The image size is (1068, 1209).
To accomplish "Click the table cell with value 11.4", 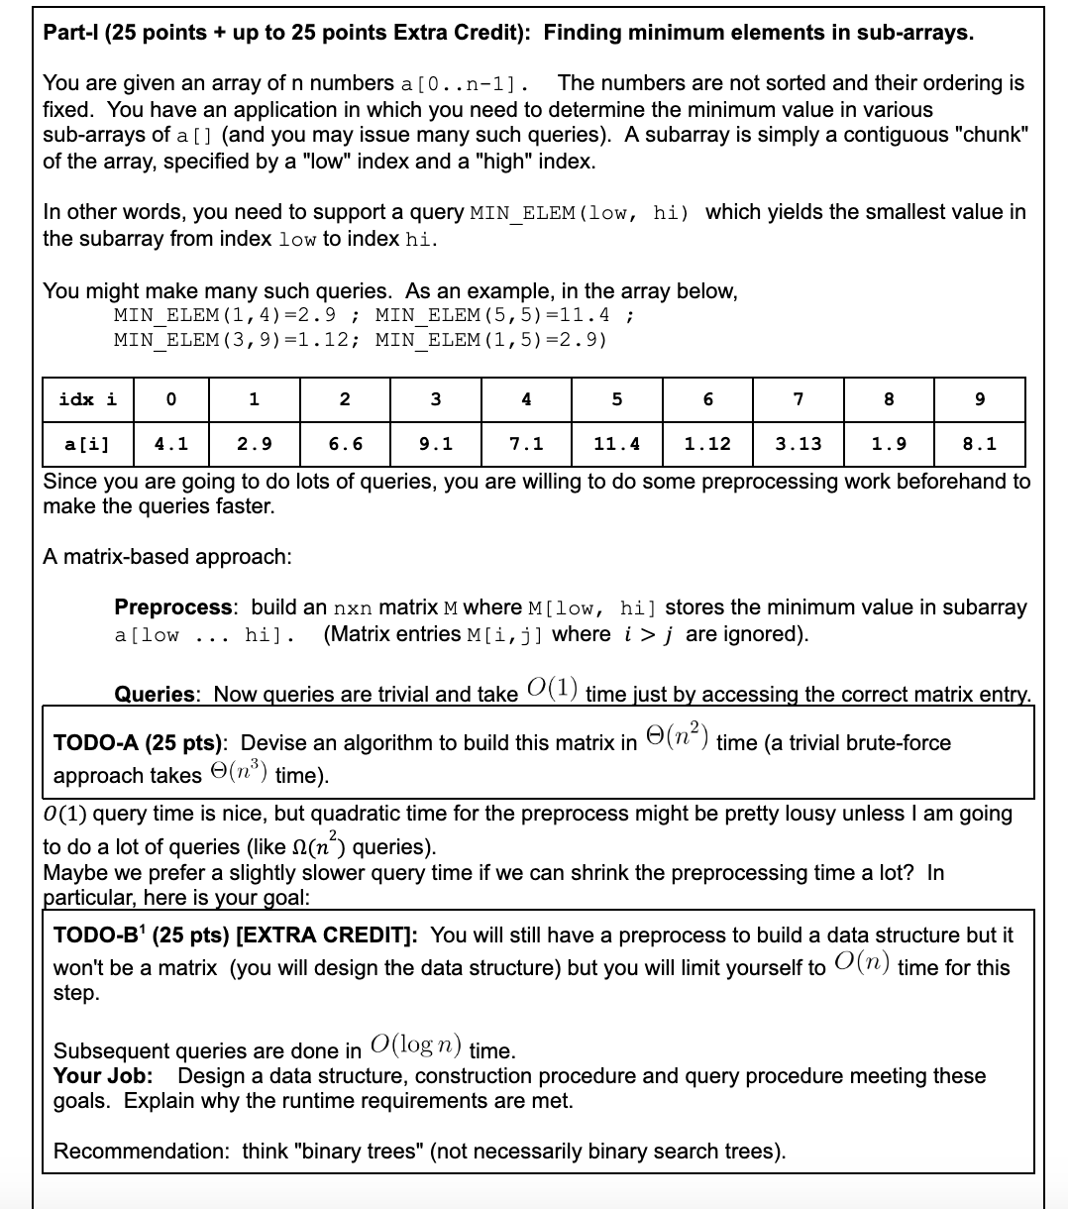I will point(616,444).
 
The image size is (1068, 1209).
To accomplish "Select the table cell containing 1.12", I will point(707,444).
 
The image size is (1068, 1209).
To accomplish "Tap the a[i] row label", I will point(86,444).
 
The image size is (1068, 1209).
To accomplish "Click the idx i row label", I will point(86,399).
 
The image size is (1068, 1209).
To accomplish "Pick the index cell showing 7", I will point(799,399).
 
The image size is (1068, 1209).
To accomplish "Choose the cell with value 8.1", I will point(980,444).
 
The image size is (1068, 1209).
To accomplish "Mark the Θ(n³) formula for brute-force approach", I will point(236,775).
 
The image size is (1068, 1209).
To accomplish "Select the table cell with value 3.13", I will point(799,444).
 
